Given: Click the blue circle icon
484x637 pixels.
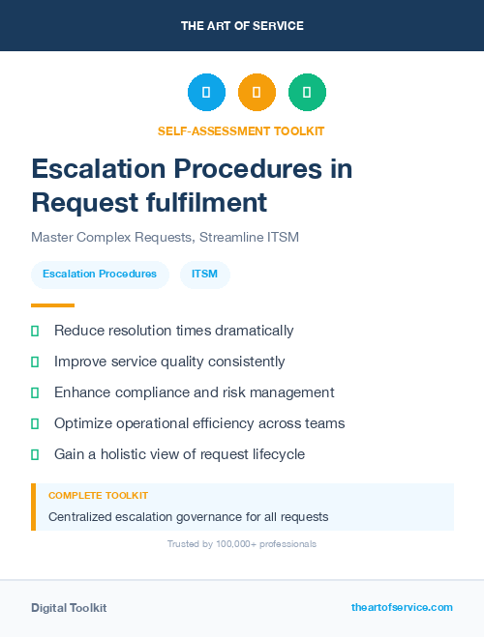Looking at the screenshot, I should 206,93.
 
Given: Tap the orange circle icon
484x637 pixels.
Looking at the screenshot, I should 257,93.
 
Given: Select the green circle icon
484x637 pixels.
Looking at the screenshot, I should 307,93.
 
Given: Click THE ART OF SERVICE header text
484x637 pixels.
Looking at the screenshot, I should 242,26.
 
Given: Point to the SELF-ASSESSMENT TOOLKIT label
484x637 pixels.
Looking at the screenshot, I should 241,130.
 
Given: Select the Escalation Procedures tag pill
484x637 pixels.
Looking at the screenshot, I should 100,274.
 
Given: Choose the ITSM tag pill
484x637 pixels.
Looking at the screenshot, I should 204,274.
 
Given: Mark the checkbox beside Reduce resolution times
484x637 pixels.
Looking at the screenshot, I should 35,331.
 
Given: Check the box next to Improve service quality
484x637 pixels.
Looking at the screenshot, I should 35,362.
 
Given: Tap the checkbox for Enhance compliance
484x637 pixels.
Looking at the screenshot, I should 35,392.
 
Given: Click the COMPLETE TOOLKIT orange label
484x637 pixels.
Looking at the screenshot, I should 98,495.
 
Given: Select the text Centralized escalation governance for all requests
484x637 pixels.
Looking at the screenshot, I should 188,516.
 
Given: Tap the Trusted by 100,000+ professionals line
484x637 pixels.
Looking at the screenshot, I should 242,544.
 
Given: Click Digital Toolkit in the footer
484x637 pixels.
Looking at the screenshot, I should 69,608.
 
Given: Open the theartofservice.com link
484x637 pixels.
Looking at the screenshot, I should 402,607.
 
